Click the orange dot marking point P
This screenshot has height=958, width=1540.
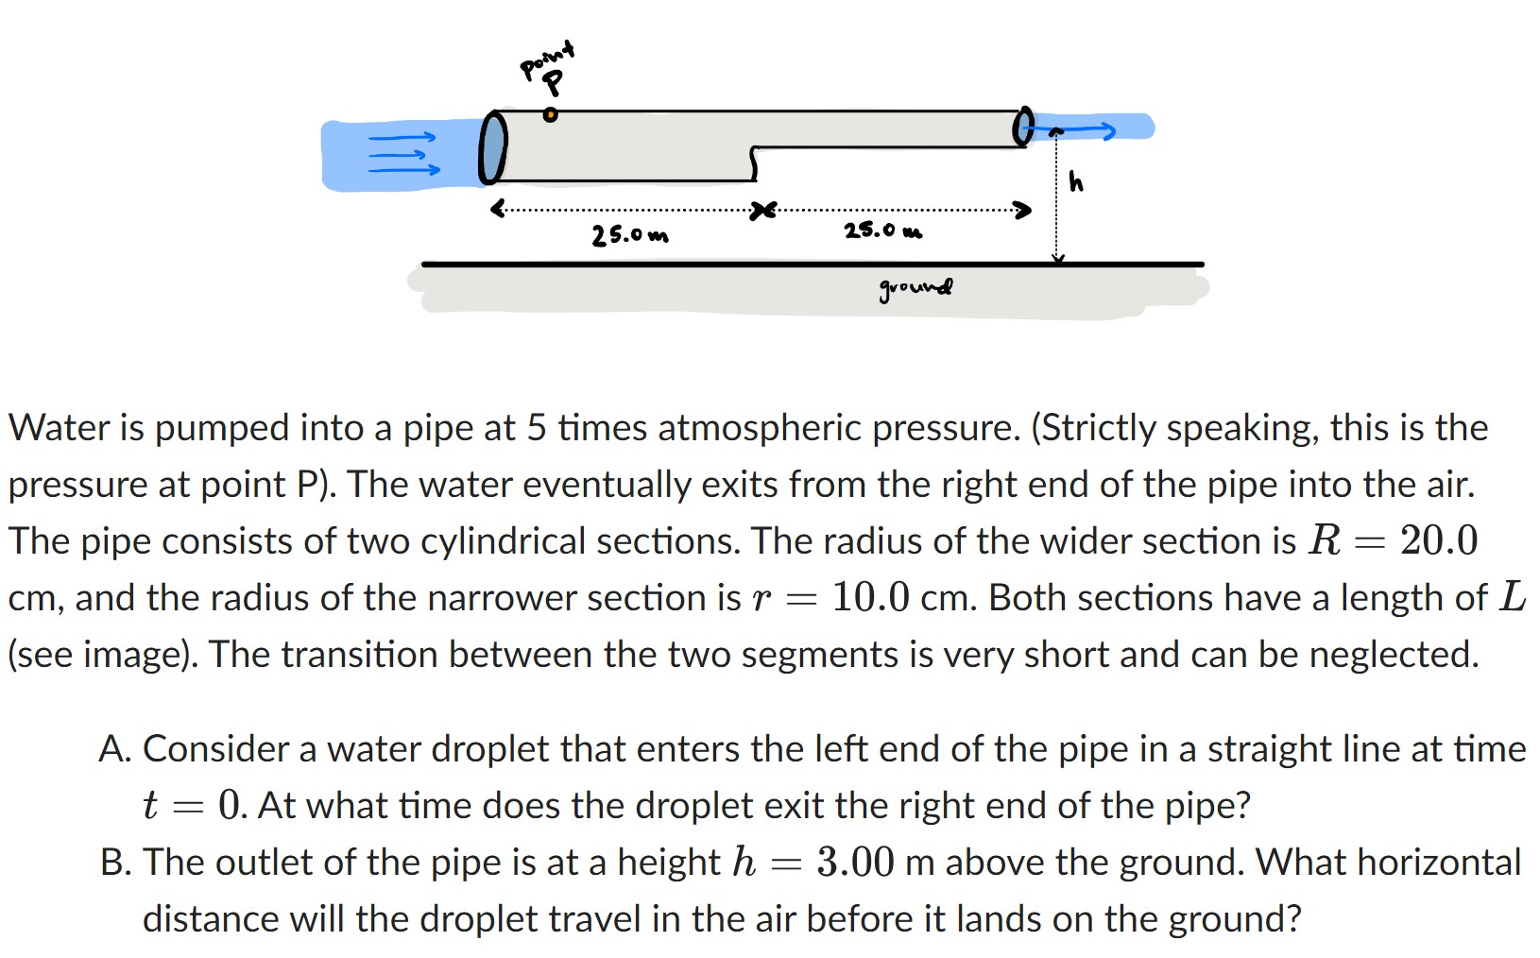(550, 115)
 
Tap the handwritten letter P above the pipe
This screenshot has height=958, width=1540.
(555, 84)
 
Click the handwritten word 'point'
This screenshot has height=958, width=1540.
(547, 58)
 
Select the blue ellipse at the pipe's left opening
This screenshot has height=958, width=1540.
(492, 147)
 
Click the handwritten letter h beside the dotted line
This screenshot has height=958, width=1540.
(1076, 180)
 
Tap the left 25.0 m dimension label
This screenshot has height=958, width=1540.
(629, 234)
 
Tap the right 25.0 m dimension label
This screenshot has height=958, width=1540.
(882, 231)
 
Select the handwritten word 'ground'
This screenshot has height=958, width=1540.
(915, 287)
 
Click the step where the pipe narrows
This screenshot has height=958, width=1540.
(754, 163)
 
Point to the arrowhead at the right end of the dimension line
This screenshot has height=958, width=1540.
(1022, 209)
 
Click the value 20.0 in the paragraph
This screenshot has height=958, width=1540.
(1438, 541)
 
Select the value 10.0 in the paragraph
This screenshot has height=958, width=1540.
(870, 598)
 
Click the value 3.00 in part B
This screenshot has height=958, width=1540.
(855, 863)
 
